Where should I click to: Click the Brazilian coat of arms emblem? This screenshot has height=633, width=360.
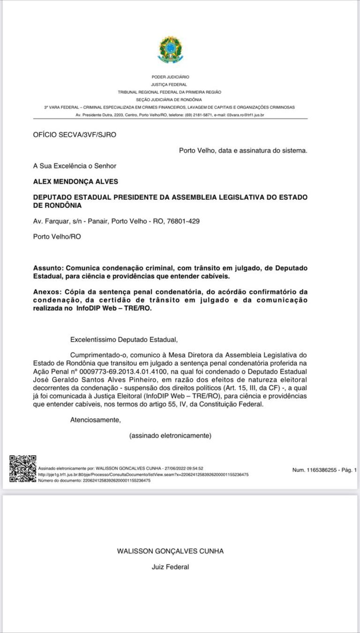point(170,50)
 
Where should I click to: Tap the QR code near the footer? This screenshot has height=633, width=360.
point(23,469)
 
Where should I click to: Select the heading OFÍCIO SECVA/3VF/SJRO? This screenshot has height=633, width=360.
point(75,135)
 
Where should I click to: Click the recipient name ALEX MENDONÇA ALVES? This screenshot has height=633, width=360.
point(75,181)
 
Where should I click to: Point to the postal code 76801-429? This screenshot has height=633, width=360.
point(183,221)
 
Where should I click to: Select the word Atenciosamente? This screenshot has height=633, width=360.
point(95,420)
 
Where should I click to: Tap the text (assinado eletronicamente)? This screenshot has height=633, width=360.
point(170,436)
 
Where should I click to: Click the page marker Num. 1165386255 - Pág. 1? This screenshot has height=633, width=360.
point(324,470)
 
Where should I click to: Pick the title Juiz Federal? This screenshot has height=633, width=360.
point(170,567)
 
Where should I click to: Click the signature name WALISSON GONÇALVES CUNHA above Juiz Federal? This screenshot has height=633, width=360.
point(170,551)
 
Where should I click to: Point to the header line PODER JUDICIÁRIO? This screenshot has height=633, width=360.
point(170,76)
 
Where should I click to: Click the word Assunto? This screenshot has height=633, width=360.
point(47,268)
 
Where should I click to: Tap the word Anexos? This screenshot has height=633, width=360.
point(46,292)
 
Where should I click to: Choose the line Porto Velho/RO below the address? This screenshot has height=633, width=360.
point(57,237)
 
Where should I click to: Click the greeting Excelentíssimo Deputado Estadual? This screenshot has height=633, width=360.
point(124,339)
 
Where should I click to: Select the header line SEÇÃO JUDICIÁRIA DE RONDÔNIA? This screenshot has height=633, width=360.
point(169,99)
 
